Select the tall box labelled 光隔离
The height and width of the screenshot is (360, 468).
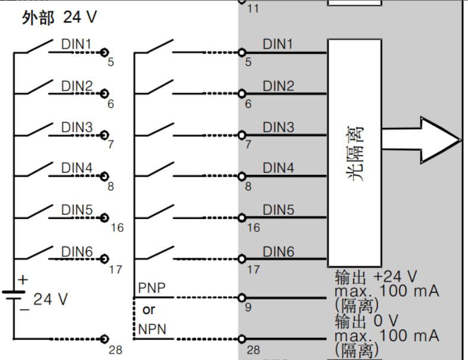tap(354, 152)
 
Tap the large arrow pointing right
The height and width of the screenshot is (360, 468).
tap(421, 140)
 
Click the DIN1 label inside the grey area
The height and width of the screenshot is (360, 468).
tap(278, 44)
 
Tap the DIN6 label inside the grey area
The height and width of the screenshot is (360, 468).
tap(278, 251)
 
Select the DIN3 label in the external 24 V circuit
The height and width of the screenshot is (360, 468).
tap(77, 127)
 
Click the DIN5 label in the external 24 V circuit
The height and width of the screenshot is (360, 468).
tap(77, 210)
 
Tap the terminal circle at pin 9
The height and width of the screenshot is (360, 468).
tap(241, 298)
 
